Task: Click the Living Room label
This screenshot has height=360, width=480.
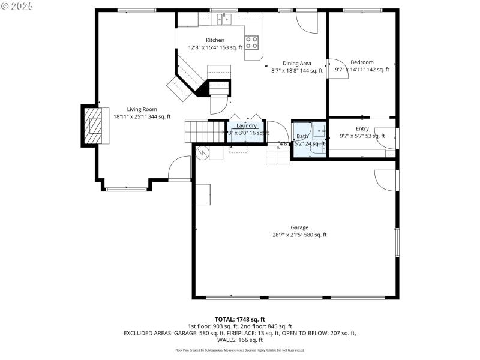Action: point(142,109)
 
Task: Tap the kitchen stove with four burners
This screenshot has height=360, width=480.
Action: point(253,42)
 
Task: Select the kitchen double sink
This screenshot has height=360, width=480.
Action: point(224,20)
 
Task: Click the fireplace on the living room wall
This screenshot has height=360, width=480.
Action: point(93,126)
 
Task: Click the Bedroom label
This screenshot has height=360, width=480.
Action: point(362,62)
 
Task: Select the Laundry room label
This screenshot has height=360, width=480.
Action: point(246,125)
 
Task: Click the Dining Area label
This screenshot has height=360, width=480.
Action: point(296,63)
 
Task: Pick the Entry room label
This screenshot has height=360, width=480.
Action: point(362,128)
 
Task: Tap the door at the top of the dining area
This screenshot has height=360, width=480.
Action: point(307,22)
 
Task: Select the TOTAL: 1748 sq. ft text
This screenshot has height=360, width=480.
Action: point(239,319)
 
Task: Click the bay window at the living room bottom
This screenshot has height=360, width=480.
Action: point(126,189)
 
